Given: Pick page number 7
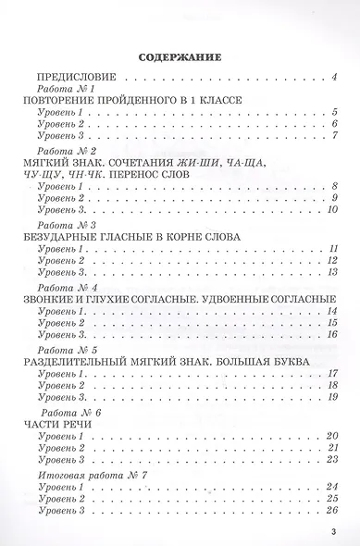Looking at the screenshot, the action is pos(331,135).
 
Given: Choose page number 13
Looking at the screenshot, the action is pos(328,274).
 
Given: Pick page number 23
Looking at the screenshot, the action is pos(328,460).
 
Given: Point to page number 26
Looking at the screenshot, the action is pos(328,510).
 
